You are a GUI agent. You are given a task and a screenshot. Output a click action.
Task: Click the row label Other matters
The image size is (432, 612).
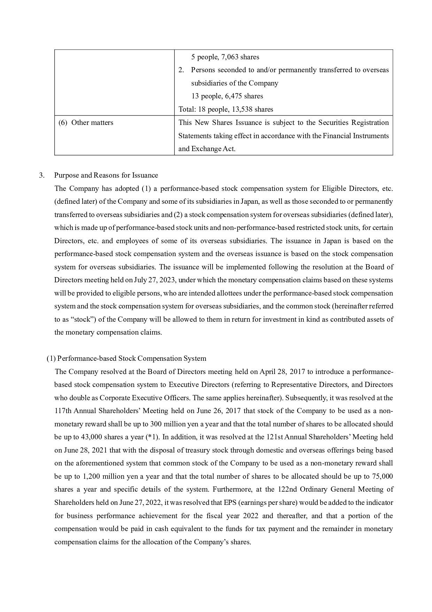(92, 122)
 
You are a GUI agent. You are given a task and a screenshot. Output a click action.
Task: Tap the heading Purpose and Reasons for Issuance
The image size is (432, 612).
(106, 175)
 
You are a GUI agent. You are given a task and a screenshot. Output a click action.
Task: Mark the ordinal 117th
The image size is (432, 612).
(63, 411)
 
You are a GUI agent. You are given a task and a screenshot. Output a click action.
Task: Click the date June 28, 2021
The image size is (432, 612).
(82, 450)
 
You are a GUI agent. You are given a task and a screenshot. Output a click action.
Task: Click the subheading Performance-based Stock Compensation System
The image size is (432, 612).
(132, 358)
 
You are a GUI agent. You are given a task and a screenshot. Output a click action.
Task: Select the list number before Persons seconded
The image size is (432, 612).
(181, 70)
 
